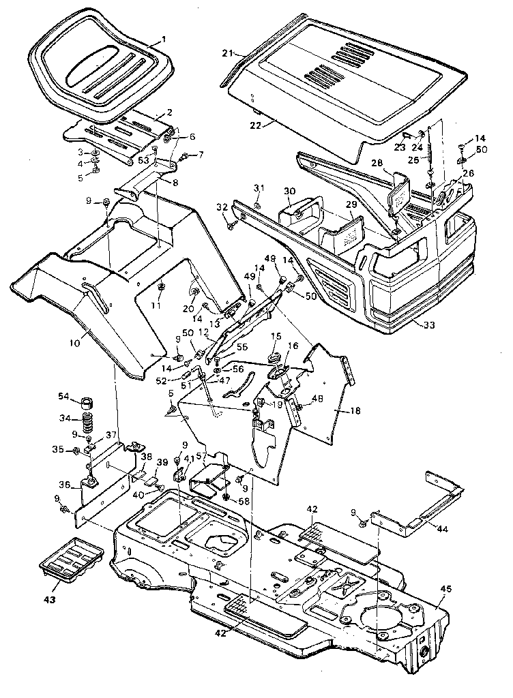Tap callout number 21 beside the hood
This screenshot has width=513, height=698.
click(x=228, y=52)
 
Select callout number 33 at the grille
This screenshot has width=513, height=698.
click(x=428, y=325)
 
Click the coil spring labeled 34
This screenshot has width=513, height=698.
click(x=87, y=421)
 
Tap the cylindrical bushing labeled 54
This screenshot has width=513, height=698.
click(x=86, y=399)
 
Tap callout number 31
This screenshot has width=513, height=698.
click(x=258, y=188)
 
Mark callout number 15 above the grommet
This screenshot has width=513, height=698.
click(x=276, y=336)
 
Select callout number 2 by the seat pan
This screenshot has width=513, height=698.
click(x=168, y=111)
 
